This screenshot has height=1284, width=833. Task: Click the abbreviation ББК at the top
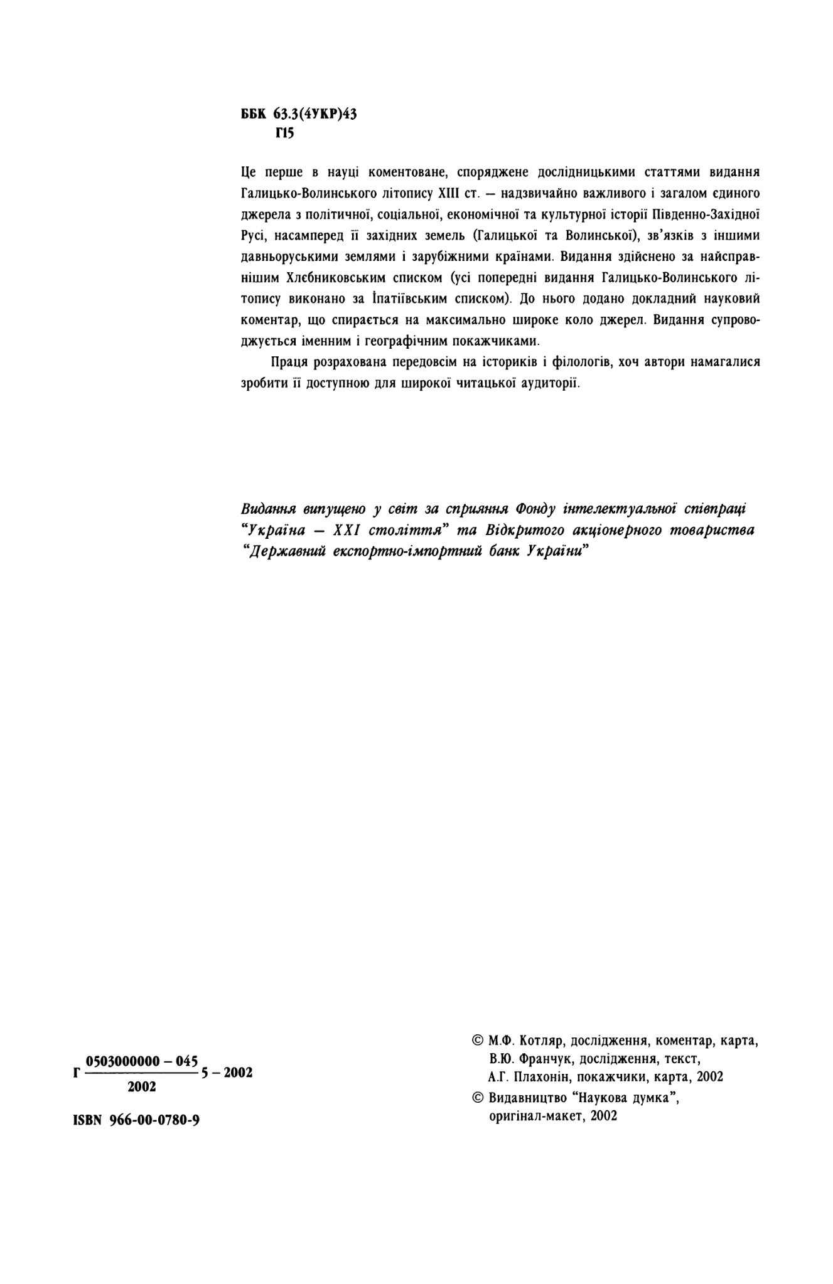[254, 114]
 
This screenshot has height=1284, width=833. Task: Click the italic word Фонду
[535, 507]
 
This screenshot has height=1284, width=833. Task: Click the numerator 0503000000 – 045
[142, 1061]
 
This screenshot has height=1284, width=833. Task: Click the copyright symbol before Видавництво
[478, 1098]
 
